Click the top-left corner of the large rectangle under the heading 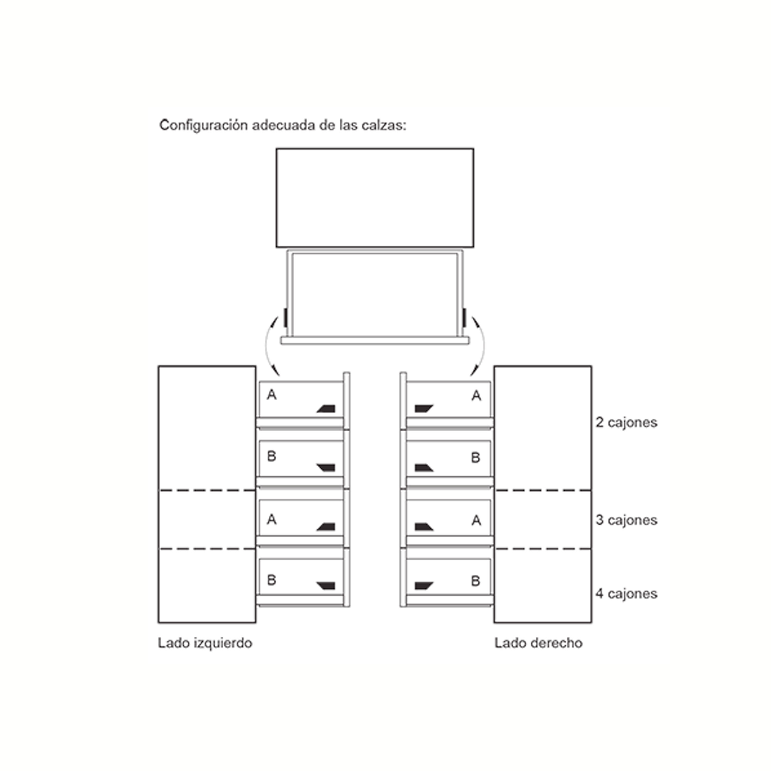click(277, 149)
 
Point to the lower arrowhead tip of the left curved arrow click(279, 376)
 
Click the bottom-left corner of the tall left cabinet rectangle click(159, 622)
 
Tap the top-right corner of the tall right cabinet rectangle click(592, 366)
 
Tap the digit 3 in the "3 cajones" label click(599, 520)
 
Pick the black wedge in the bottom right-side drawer click(424, 586)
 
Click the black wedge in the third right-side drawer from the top click(424, 527)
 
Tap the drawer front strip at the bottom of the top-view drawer click(375, 340)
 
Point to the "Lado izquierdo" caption click(205, 643)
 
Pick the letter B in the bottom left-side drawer click(271, 580)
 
